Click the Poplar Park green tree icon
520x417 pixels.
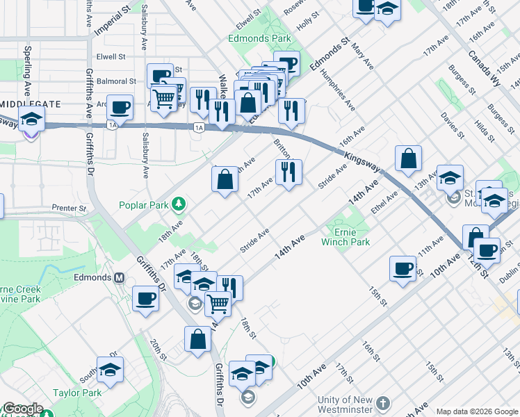(179, 203)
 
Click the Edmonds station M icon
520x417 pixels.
(119, 277)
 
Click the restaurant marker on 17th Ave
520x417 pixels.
(289, 171)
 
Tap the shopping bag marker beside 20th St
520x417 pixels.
(198, 339)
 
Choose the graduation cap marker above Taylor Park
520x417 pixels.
(110, 370)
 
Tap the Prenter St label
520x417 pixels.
(69, 208)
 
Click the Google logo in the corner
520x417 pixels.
(22, 409)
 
